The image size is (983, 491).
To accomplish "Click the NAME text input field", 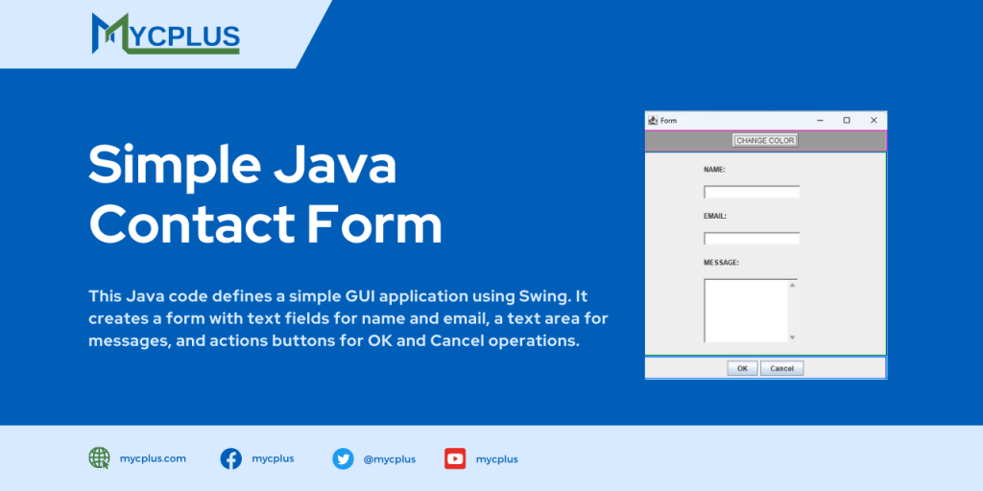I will point(752,192).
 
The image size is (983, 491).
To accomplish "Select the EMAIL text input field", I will point(752,239).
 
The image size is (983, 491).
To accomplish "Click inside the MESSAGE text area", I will point(746,310).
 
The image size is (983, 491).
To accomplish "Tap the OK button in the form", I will point(741,368).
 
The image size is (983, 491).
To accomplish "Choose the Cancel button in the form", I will point(781,368).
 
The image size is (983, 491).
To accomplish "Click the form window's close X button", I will point(874,120).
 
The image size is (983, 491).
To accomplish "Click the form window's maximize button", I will point(847,120).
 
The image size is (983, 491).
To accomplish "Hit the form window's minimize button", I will point(820,120).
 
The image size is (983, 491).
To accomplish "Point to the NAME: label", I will point(714,170).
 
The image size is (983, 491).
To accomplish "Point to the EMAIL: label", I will point(715,216).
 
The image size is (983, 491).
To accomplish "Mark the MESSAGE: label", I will point(721,262).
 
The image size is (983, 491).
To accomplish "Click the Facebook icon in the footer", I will point(231,458).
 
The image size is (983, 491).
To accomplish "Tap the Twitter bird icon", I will point(343,458).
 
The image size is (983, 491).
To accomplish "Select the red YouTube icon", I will point(455,458).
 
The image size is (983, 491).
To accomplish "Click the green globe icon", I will point(99,458).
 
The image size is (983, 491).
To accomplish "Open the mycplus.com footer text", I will point(153,458).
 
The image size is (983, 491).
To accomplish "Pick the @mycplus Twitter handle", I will point(389,459).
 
